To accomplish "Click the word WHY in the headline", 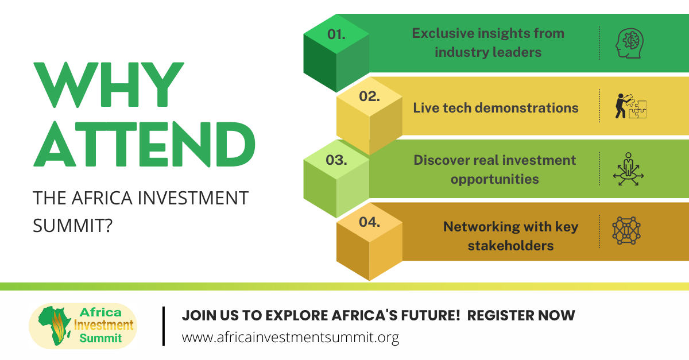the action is click(109, 84).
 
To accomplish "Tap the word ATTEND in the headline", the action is click(144, 144).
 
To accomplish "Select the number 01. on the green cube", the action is click(336, 34).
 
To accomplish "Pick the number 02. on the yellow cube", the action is click(369, 96).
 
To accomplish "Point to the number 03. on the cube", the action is click(336, 160).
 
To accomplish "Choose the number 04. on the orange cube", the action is click(369, 222).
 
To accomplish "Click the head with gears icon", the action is click(630, 43).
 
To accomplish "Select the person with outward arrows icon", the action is click(628, 169).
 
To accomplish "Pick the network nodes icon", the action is click(626, 230).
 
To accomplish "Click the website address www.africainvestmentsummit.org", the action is click(291, 338).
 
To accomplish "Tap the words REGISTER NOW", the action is click(521, 315).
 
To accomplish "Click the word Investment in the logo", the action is click(104, 325).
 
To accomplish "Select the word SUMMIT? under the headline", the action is click(72, 226).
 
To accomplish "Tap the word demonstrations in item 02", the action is click(527, 108).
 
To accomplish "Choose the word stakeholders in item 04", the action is click(510, 246).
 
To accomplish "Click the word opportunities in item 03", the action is click(494, 179).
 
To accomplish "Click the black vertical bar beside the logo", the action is click(164, 326).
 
